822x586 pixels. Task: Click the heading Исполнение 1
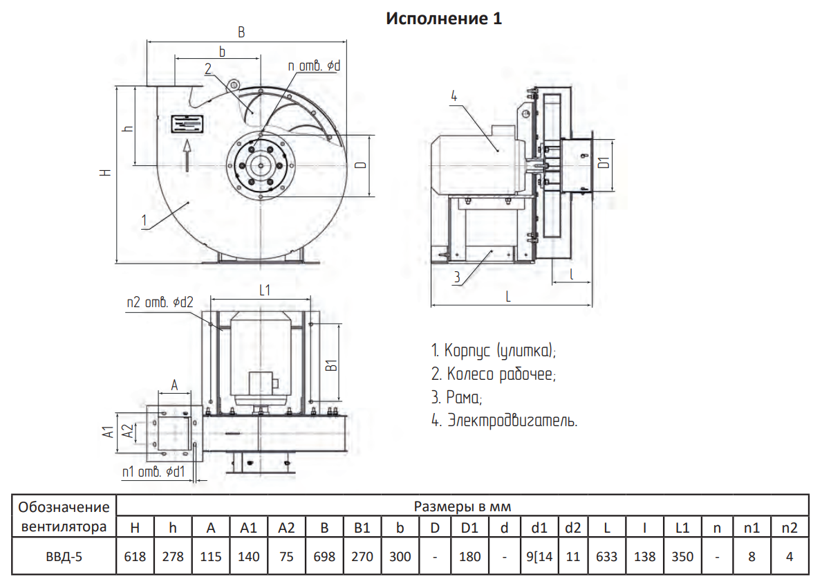pyautogui.click(x=444, y=19)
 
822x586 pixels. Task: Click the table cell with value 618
pyautogui.click(x=135, y=556)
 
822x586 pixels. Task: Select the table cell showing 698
pyautogui.click(x=324, y=556)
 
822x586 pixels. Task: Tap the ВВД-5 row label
pyautogui.click(x=64, y=556)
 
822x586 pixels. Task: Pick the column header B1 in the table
pyautogui.click(x=362, y=528)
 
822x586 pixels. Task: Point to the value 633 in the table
pyautogui.click(x=606, y=556)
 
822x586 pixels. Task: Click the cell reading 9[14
pyautogui.click(x=539, y=556)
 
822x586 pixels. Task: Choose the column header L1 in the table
pyautogui.click(x=682, y=528)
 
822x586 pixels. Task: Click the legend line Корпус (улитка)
pyautogui.click(x=494, y=351)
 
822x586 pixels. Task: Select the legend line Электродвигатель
pyautogui.click(x=504, y=420)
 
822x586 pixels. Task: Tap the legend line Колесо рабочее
pyautogui.click(x=494, y=374)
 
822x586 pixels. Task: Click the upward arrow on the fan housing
pyautogui.click(x=187, y=155)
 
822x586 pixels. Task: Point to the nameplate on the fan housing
pyautogui.click(x=187, y=124)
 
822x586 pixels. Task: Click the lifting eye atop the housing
pyautogui.click(x=233, y=84)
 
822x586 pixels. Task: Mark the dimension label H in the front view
pyautogui.click(x=106, y=172)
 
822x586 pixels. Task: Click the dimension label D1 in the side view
pyautogui.click(x=604, y=163)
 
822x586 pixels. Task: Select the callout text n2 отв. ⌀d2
pyautogui.click(x=160, y=303)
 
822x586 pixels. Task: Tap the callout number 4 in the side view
pyautogui.click(x=454, y=96)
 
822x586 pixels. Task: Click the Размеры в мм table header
pyautogui.click(x=463, y=506)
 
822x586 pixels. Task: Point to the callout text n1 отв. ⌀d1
pyautogui.click(x=153, y=472)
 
